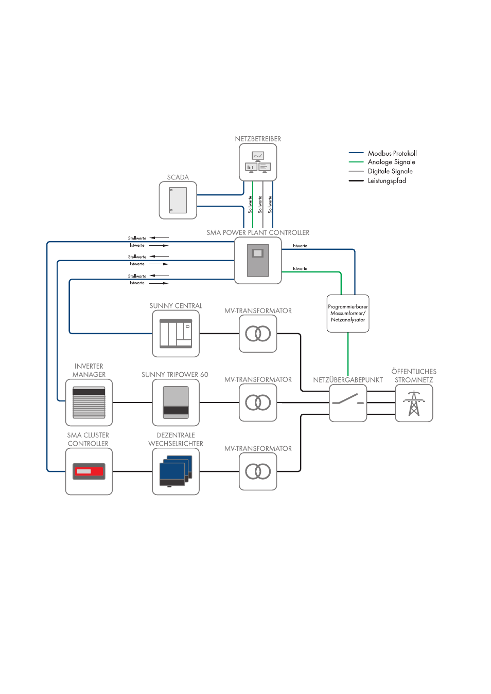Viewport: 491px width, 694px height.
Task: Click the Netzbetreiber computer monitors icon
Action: click(258, 162)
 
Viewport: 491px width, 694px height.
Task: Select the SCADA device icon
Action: click(178, 200)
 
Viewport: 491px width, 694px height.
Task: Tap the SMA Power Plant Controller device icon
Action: click(258, 261)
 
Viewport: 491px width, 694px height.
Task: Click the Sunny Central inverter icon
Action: click(176, 334)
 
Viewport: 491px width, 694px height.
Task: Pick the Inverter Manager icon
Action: click(89, 403)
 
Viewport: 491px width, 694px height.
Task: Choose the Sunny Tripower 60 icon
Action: click(176, 403)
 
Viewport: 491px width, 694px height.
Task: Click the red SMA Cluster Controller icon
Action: click(89, 471)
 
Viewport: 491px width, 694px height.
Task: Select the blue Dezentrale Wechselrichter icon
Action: click(176, 471)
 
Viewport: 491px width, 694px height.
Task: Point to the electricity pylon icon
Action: click(414, 404)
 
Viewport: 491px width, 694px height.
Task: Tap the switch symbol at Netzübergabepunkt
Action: click(348, 403)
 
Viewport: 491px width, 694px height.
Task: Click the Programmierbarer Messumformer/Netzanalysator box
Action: click(348, 314)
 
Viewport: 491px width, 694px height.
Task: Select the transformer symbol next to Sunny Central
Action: click(258, 334)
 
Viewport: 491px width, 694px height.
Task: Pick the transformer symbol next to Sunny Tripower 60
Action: click(258, 403)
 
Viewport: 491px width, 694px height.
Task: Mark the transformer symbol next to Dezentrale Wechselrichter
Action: click(258, 471)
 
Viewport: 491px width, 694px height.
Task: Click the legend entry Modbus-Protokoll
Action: click(392, 153)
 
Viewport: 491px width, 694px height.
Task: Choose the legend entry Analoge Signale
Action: click(391, 162)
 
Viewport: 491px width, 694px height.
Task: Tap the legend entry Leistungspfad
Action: click(387, 180)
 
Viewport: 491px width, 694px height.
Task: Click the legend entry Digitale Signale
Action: click(390, 171)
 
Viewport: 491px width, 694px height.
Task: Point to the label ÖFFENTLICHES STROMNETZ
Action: click(414, 376)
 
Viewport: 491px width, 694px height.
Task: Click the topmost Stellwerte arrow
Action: click(159, 238)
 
